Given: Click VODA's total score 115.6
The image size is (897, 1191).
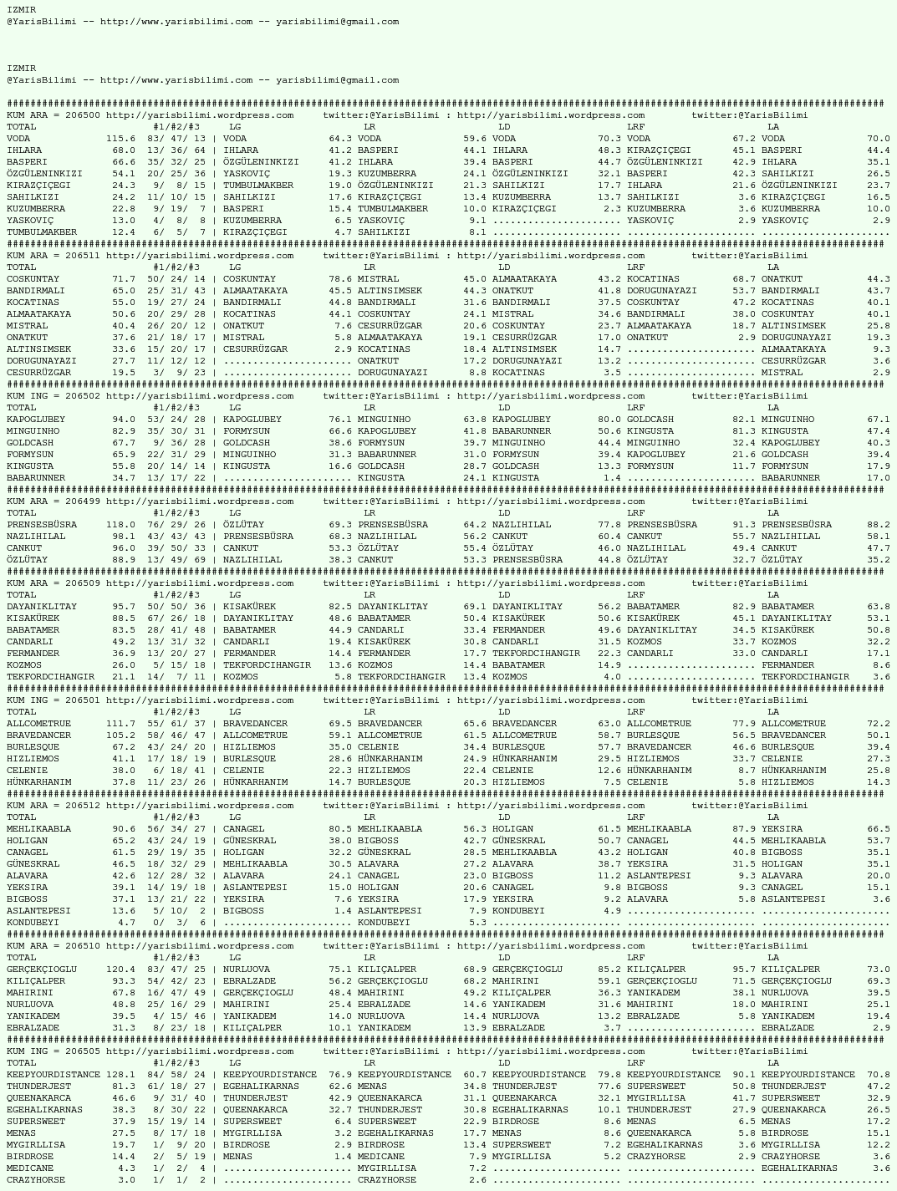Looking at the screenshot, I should (120, 139).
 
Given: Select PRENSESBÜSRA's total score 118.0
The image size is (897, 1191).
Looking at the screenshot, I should (120, 525).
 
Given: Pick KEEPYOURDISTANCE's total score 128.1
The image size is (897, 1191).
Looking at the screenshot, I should (120, 1075).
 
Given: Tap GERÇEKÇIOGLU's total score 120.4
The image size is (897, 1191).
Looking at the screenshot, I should (120, 970).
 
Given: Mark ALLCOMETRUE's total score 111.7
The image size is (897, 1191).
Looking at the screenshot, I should (120, 724).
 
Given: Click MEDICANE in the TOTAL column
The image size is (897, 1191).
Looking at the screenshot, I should (30, 1168).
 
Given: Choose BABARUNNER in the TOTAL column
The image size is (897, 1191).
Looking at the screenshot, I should (36, 478).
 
